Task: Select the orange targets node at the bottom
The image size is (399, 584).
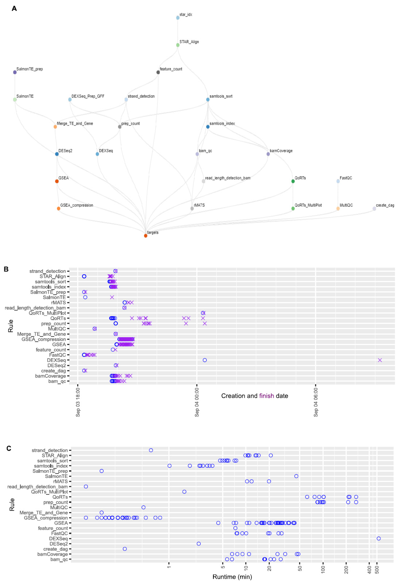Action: coord(146,236)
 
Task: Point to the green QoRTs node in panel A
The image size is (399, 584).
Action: coord(293,181)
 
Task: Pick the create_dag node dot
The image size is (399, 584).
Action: coord(374,209)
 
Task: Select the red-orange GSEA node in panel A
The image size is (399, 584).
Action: coord(57,181)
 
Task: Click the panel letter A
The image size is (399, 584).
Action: coord(14,9)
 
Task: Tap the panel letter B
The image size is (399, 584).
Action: coord(6,269)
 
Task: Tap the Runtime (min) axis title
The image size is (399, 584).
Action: coord(232,577)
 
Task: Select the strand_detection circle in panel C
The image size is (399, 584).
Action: coord(151,450)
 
